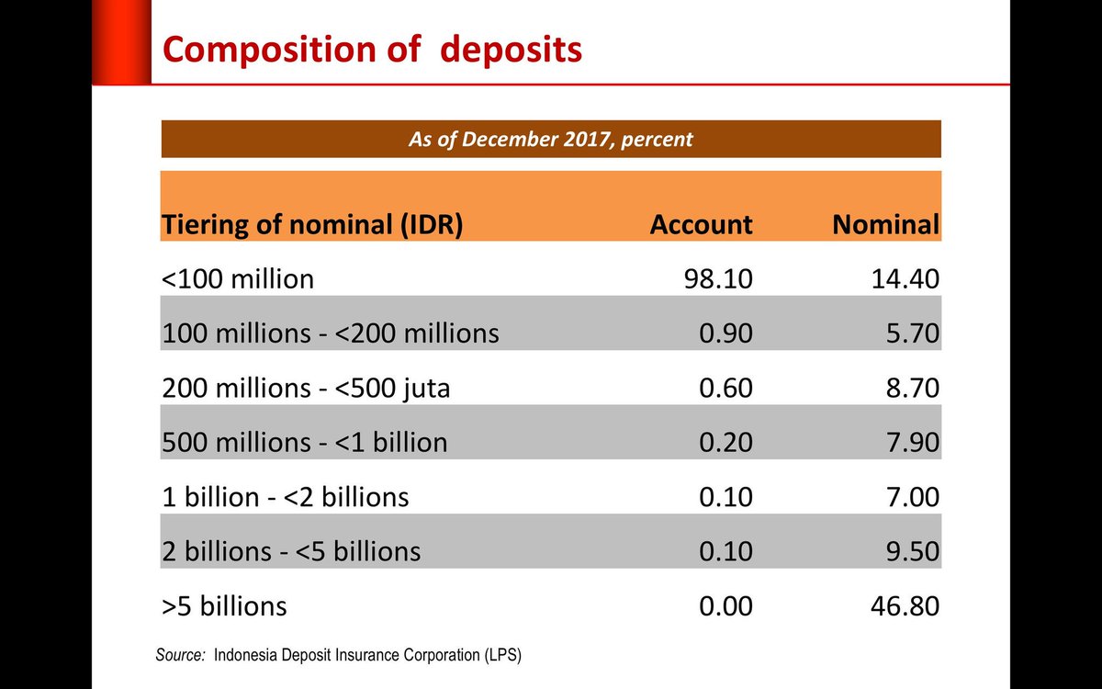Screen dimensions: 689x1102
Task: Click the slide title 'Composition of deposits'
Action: click(x=372, y=50)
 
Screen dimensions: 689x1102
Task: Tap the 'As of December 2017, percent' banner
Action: click(x=550, y=140)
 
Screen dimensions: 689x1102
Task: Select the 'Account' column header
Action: click(x=701, y=224)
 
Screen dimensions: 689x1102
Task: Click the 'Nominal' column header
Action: click(x=885, y=224)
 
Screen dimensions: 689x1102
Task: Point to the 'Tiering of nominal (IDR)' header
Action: click(x=312, y=224)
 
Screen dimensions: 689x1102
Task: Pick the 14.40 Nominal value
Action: click(x=903, y=278)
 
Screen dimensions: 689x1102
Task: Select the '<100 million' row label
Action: click(x=238, y=278)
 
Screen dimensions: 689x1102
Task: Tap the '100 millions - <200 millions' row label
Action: click(x=331, y=333)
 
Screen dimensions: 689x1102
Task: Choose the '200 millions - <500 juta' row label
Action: click(x=306, y=388)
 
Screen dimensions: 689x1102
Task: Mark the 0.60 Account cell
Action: click(x=725, y=388)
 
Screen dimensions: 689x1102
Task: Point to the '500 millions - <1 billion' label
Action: click(x=305, y=442)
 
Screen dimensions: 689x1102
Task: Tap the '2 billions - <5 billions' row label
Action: click(x=291, y=551)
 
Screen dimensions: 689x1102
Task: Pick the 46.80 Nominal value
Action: click(x=903, y=606)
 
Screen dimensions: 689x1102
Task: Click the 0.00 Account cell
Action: click(x=725, y=606)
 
